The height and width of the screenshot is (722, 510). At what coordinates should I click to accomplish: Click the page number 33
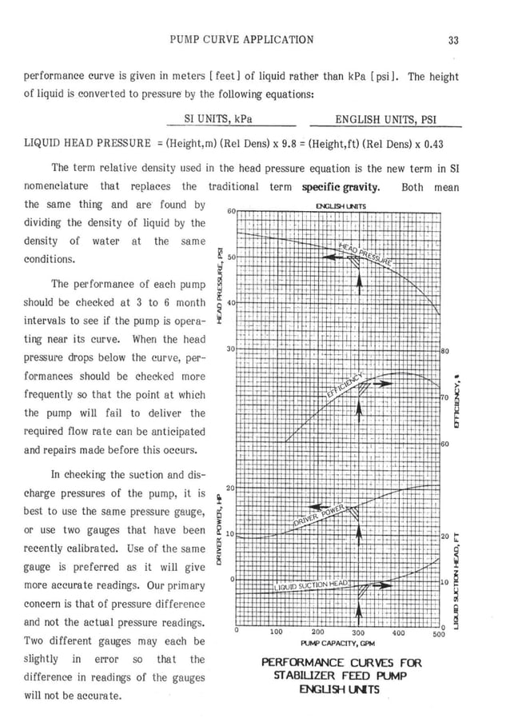(452, 39)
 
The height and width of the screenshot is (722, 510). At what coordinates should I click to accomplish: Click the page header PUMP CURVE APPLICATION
(243, 39)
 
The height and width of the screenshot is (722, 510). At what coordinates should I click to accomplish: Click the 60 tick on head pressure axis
(231, 211)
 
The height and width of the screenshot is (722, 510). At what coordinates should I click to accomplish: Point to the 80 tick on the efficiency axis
(445, 350)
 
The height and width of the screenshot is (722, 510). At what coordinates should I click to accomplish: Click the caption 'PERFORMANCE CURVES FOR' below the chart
(341, 663)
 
